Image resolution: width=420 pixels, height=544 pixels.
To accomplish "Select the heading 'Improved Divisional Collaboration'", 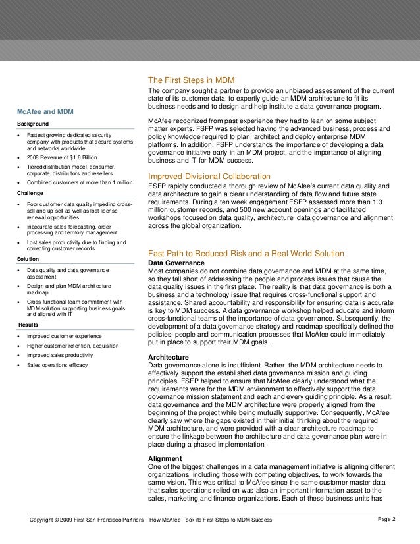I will [x=209, y=177].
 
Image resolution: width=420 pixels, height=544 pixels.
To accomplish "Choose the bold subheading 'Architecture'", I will [x=168, y=358].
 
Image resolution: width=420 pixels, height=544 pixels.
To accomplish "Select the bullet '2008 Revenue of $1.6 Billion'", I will [x=61, y=158].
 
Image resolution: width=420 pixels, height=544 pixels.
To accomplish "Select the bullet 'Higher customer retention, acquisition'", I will [x=72, y=346].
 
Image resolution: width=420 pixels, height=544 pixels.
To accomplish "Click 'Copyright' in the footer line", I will [x=47, y=521].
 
